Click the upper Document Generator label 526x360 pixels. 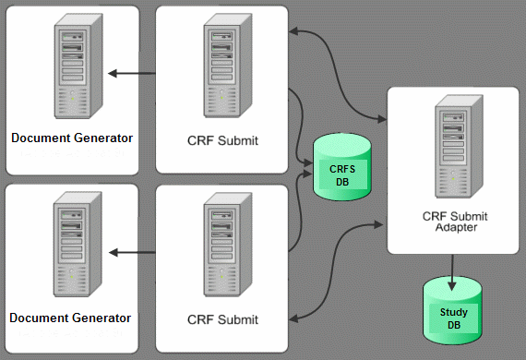tap(71, 138)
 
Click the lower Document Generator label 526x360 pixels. tap(71, 318)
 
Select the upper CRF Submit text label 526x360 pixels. tap(222, 141)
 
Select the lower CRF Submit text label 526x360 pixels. tap(222, 319)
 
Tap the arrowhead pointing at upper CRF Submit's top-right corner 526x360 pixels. tap(294, 31)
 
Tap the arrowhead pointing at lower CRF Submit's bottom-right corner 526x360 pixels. tap(294, 318)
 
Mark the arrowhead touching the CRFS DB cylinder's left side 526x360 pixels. tap(310, 170)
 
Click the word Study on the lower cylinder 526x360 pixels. tap(453, 313)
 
